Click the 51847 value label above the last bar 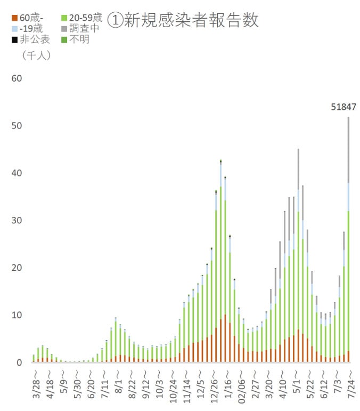coord(343,107)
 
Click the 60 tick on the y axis coord(17,78)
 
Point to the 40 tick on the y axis coord(17,173)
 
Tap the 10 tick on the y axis coord(17,315)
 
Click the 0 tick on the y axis coord(19,362)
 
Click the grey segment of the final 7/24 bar coord(349,149)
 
